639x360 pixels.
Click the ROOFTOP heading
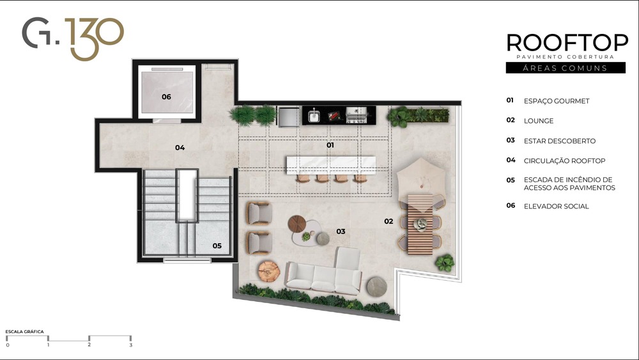[x=567, y=42]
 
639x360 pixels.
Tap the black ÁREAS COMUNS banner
[x=566, y=68]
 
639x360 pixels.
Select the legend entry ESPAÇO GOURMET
[x=557, y=101]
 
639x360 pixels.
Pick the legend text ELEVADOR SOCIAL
[x=557, y=207]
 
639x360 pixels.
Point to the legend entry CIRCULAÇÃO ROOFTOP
[x=564, y=160]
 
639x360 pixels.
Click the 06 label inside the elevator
[x=166, y=97]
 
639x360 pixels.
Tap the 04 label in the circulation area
[x=180, y=147]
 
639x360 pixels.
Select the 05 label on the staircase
[x=217, y=246]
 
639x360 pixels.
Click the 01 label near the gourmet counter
[x=330, y=145]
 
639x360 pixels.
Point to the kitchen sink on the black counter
[x=314, y=116]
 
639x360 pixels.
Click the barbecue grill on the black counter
[x=356, y=115]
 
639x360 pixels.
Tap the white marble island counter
[x=331, y=165]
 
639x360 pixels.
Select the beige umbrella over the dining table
[x=421, y=180]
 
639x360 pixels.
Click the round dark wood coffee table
[x=296, y=224]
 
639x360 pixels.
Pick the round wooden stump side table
[x=269, y=271]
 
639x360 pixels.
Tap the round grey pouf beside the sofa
[x=376, y=286]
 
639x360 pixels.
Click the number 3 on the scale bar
[x=131, y=345]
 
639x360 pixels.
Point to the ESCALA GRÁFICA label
[x=24, y=331]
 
